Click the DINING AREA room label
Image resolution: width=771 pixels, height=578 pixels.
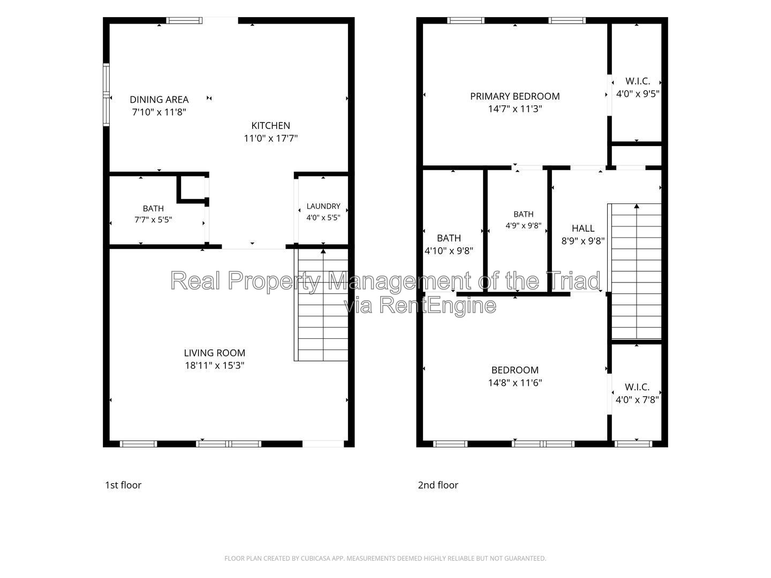[x=159, y=100]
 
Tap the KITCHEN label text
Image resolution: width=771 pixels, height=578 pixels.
[x=270, y=126]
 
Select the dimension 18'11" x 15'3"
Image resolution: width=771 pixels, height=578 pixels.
[x=215, y=366]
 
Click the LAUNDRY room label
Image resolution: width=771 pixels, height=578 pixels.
[x=323, y=207]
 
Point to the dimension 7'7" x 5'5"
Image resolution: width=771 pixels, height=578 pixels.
[x=153, y=219]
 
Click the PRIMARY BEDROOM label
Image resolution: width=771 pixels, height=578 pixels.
[x=515, y=96]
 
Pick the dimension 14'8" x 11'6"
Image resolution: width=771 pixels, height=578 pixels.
[x=515, y=383]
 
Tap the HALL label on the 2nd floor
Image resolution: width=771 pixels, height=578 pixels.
[x=583, y=229]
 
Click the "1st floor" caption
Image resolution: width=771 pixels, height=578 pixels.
[x=123, y=485]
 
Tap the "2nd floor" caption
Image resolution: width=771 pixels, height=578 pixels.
[x=438, y=485]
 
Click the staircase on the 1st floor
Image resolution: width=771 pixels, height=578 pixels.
[x=321, y=305]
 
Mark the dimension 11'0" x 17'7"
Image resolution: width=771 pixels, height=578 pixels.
[x=270, y=138]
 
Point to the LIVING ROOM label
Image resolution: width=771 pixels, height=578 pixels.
[x=215, y=353]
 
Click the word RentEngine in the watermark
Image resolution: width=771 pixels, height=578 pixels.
[x=437, y=305]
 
